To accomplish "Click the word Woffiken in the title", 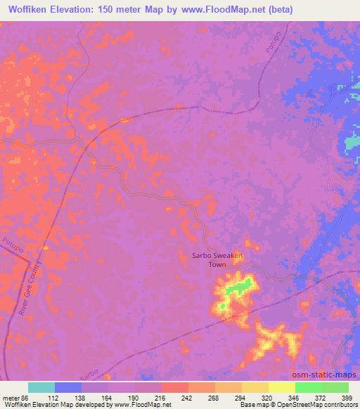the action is pos(30,10).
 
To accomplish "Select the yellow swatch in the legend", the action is pos(281,387).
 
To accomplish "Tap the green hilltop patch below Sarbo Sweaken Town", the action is pos(240,287).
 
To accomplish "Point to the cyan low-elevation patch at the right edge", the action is pos(351,143).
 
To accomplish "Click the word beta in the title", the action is pos(279,10).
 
